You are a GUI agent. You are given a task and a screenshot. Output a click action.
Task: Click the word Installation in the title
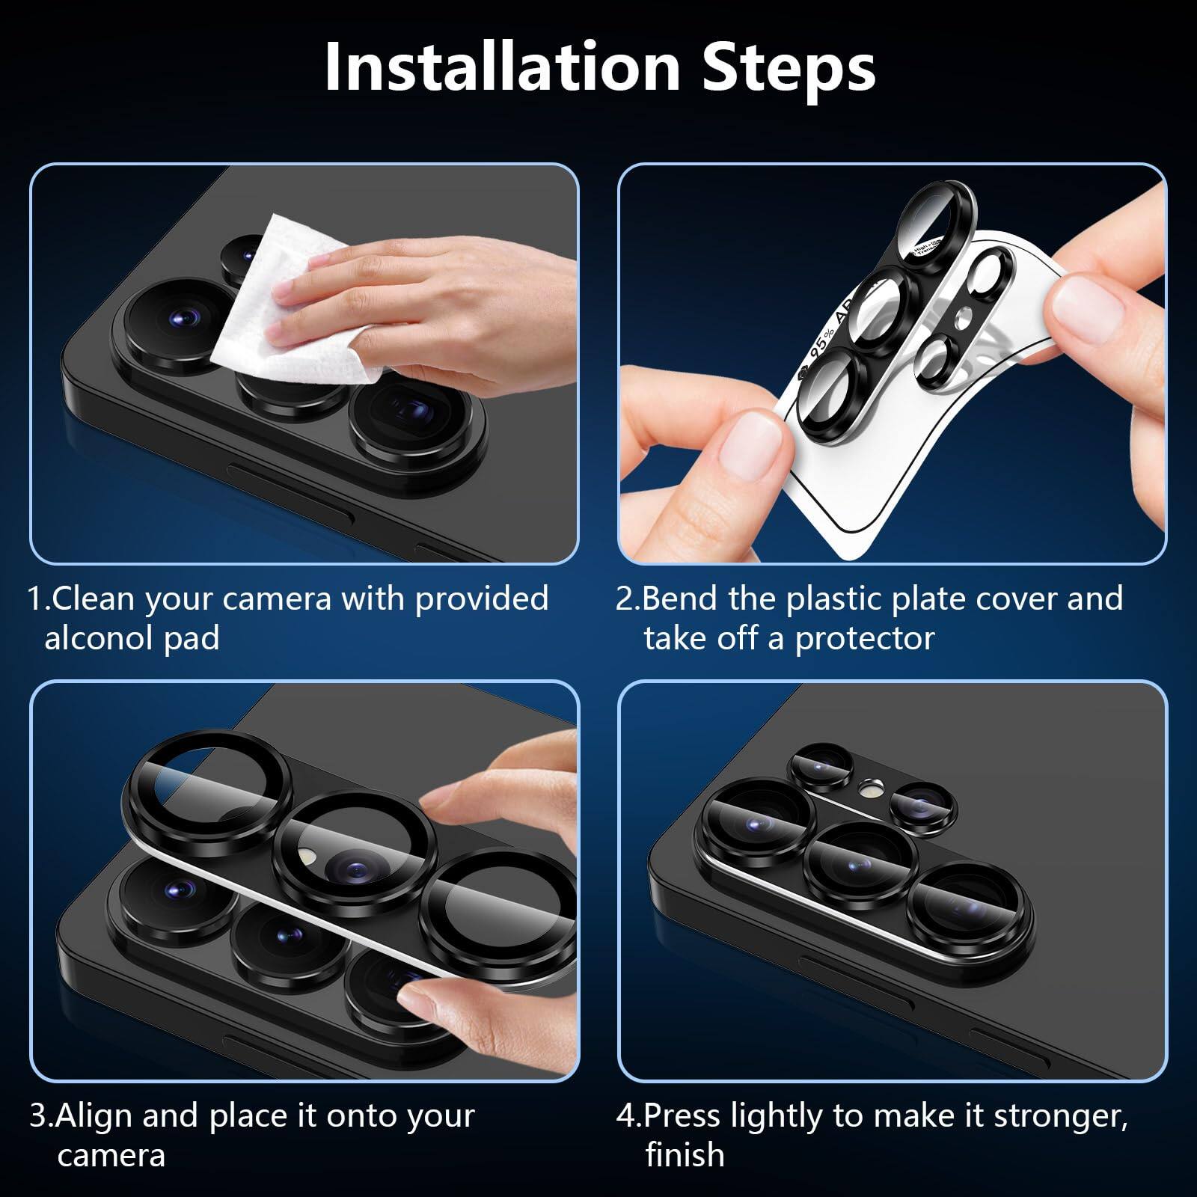point(501,67)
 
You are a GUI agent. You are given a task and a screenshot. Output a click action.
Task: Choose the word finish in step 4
point(685,1155)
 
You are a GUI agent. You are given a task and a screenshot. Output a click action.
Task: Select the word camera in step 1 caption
point(277,598)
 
